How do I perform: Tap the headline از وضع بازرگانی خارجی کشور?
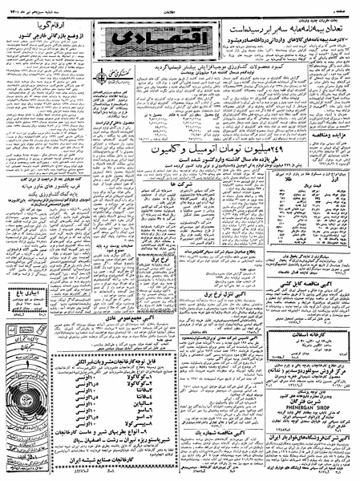[40, 37]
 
